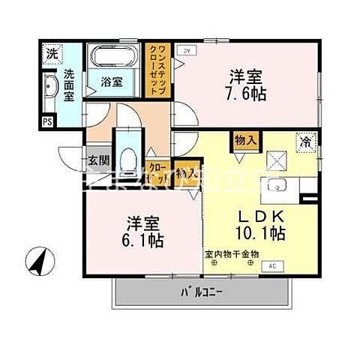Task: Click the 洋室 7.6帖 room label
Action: (x=247, y=85)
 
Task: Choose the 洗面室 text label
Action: (x=69, y=85)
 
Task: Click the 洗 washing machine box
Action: (x=51, y=55)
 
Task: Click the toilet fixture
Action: (x=126, y=158)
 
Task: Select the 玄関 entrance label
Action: (x=98, y=159)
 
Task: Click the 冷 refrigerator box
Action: (x=307, y=140)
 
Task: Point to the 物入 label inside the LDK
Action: (x=245, y=140)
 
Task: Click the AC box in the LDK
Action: (x=272, y=266)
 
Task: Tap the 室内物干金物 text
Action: (x=232, y=254)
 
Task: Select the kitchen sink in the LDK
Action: (x=277, y=186)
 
